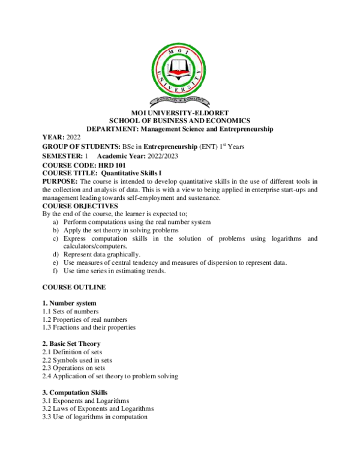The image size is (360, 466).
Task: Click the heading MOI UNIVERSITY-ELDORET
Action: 180,113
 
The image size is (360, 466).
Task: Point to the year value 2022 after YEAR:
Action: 73,138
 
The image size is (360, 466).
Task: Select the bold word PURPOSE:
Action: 60,181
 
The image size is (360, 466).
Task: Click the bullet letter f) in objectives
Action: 56,271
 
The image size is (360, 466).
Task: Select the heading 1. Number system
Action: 69,303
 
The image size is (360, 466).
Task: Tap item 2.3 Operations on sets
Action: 73,368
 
